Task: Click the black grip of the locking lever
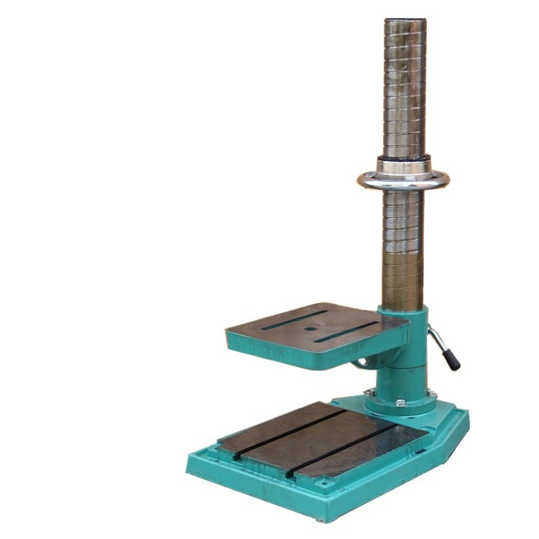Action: pos(451,359)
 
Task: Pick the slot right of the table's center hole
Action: pos(346,331)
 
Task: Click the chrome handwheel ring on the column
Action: pos(403,180)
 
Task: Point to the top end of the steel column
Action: pos(405,22)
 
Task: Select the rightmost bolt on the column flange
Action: pos(433,393)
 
